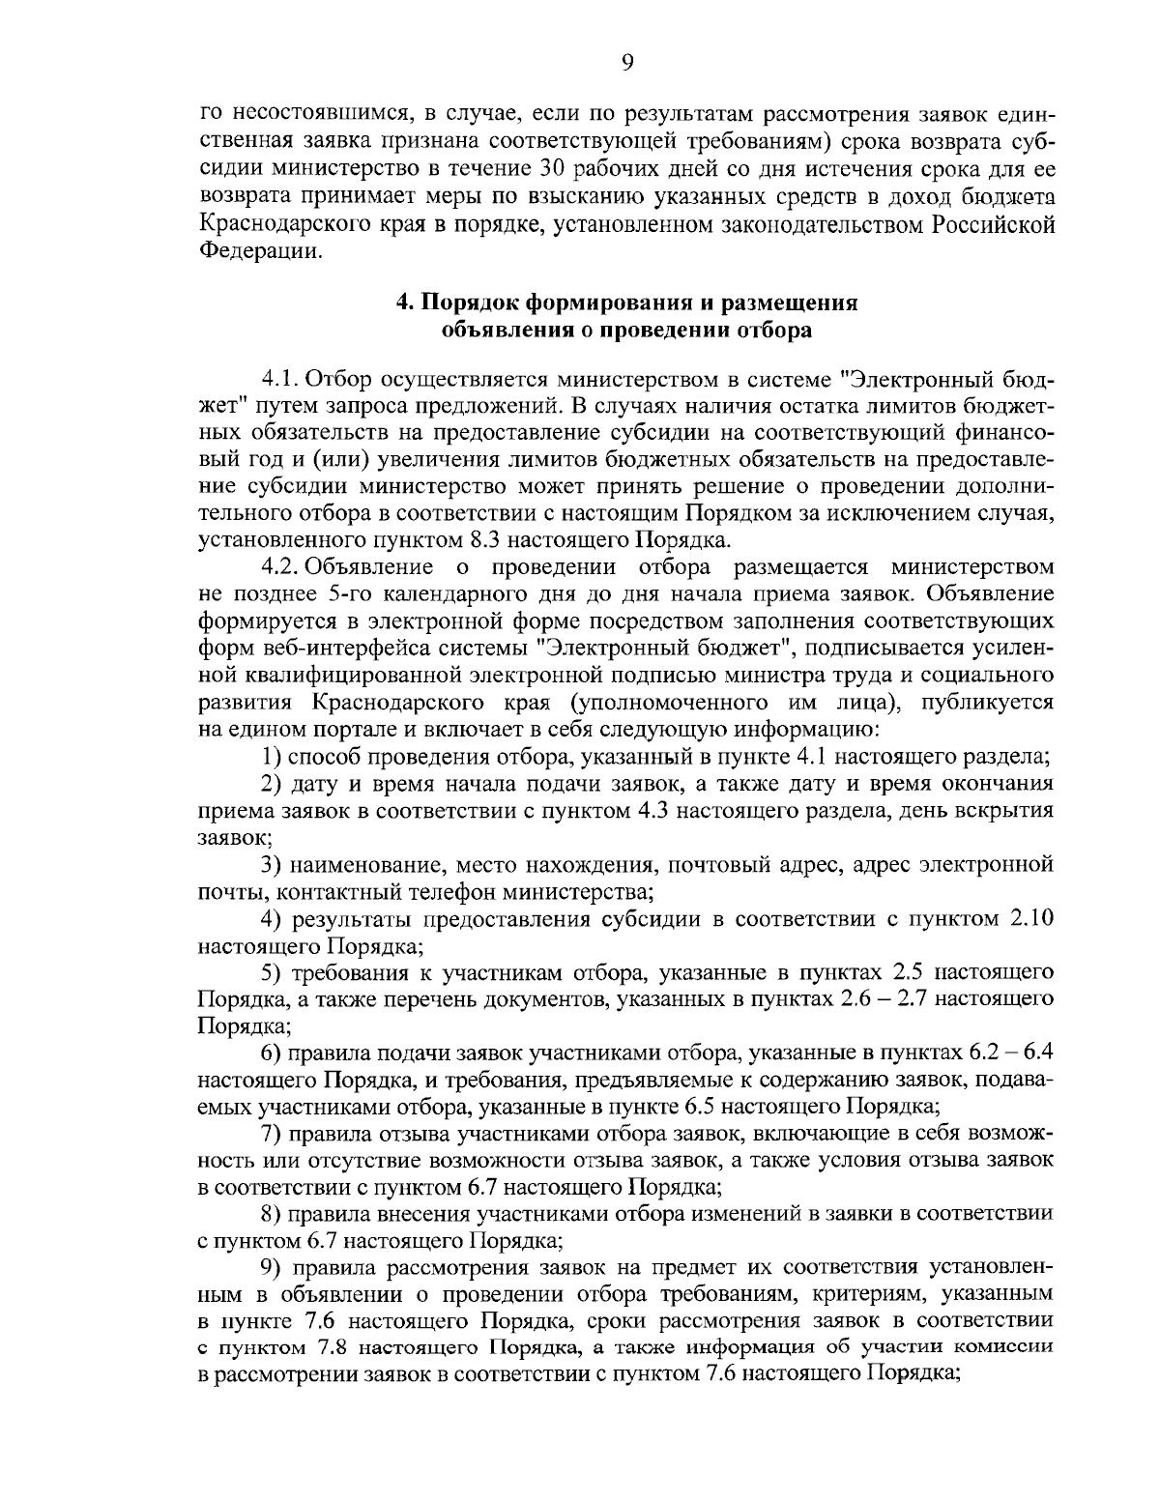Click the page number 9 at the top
tap(626, 63)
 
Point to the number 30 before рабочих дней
tap(544, 170)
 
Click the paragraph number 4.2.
tap(280, 565)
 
